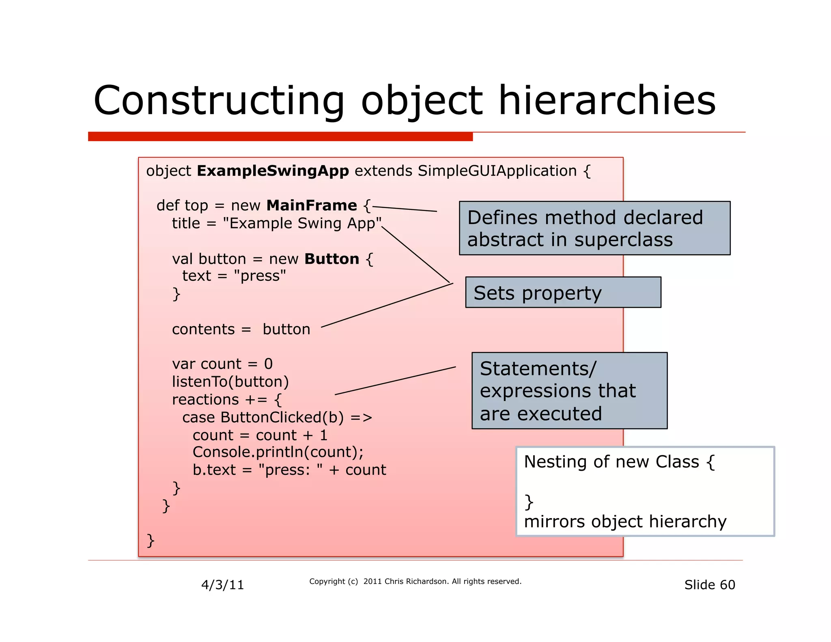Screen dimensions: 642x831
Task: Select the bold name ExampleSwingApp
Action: click(273, 171)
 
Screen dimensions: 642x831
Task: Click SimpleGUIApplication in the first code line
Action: click(497, 171)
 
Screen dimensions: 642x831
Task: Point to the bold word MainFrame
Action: click(312, 205)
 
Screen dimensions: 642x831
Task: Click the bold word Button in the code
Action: click(332, 259)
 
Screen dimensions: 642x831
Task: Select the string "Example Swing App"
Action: click(302, 223)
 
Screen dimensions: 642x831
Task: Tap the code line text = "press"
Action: click(234, 276)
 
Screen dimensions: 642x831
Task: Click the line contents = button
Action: click(241, 329)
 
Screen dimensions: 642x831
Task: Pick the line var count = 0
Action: click(222, 364)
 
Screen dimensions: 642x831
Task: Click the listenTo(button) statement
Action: click(230, 381)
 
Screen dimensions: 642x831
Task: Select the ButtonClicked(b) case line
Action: click(277, 417)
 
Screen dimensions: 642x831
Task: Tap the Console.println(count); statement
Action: click(278, 452)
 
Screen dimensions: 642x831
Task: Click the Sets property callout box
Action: click(563, 293)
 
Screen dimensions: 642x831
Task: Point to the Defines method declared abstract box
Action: click(594, 228)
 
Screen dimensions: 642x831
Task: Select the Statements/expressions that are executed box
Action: click(569, 390)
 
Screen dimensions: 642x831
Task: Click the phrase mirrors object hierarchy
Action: click(625, 521)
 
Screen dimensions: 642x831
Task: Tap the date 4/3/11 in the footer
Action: click(222, 585)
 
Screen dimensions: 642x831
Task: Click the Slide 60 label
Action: click(709, 585)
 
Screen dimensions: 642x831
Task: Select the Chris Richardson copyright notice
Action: click(415, 582)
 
